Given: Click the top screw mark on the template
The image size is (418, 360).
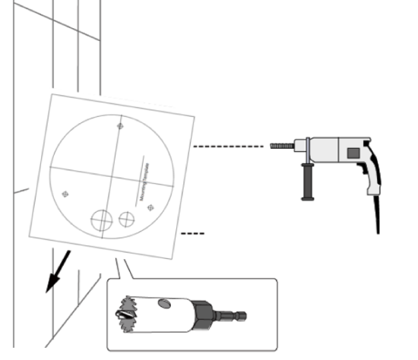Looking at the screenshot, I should tap(119, 125).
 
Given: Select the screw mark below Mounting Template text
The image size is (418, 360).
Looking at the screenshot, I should tap(150, 207).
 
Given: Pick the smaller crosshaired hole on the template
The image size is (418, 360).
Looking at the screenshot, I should tap(127, 219).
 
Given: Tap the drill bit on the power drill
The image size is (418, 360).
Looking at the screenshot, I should tap(281, 145).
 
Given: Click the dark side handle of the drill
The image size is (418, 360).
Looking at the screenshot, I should tap(308, 182).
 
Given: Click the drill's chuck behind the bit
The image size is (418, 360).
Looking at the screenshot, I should tap(299, 145).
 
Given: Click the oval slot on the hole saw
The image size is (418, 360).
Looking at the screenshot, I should tap(163, 304).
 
